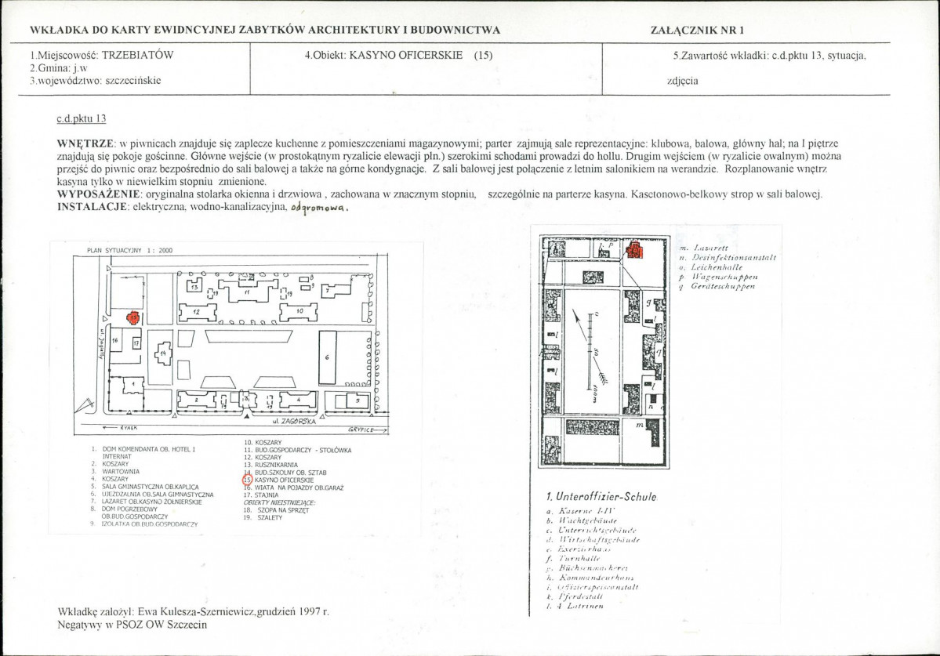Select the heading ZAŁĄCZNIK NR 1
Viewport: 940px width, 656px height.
(697, 31)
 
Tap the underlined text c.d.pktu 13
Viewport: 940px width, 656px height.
(82, 119)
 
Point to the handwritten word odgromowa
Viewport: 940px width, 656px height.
(318, 208)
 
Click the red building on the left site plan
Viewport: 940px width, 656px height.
(134, 318)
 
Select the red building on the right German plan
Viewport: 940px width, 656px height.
(634, 251)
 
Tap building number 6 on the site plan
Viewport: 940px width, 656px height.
(328, 357)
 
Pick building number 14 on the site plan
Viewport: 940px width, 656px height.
(163, 354)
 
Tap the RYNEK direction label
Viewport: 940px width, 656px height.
(129, 429)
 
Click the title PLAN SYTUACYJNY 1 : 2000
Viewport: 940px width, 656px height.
(129, 251)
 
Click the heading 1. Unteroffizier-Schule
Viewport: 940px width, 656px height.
(601, 497)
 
